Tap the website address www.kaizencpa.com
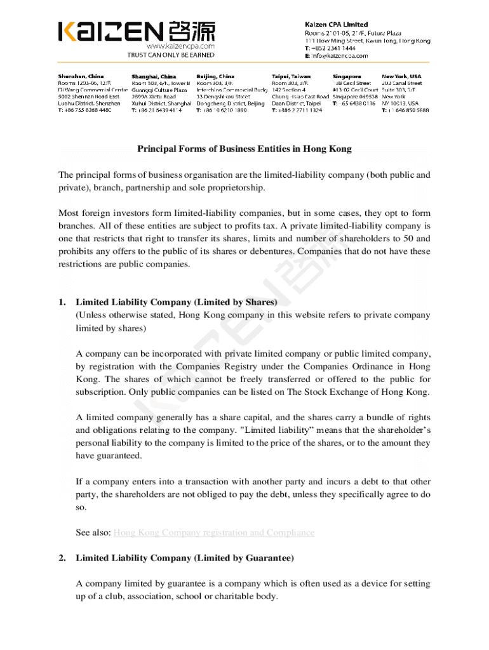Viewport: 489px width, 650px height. point(180,46)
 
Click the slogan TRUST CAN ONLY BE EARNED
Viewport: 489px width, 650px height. point(171,55)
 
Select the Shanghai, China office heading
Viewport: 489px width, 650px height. point(154,76)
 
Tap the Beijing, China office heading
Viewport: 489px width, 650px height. point(215,76)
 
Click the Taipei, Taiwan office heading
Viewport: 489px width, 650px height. point(291,76)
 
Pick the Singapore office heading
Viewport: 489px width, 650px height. point(347,76)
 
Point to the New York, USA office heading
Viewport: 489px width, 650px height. point(401,76)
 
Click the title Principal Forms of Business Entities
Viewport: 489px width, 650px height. point(245,149)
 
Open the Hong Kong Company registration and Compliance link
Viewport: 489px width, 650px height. point(213,533)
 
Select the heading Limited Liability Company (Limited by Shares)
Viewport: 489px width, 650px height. point(177,302)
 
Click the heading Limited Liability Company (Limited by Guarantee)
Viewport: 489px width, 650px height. point(185,558)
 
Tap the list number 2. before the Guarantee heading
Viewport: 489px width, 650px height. point(62,558)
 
